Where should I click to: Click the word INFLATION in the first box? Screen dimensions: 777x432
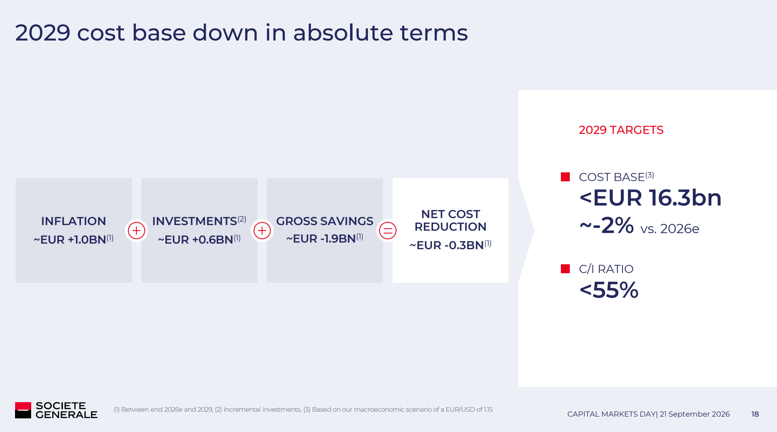pyautogui.click(x=73, y=221)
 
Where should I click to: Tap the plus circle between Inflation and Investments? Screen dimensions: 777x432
pyautogui.click(x=137, y=231)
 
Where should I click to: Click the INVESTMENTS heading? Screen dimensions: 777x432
pyautogui.click(x=195, y=221)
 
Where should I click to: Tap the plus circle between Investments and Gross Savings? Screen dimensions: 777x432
pyautogui.click(x=262, y=231)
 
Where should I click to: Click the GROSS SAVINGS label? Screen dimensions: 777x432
pyautogui.click(x=325, y=221)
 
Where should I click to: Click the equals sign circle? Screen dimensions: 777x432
pyautogui.click(x=388, y=231)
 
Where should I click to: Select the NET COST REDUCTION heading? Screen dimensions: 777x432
pyautogui.click(x=451, y=221)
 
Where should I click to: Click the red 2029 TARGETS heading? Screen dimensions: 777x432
pyautogui.click(x=621, y=130)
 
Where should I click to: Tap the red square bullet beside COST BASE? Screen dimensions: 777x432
pyautogui.click(x=565, y=177)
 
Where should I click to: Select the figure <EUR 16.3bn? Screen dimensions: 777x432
pyautogui.click(x=651, y=198)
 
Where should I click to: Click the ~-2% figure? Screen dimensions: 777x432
pyautogui.click(x=607, y=225)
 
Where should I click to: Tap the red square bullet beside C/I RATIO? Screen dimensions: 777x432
pyautogui.click(x=565, y=269)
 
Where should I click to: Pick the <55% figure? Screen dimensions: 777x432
pyautogui.click(x=609, y=290)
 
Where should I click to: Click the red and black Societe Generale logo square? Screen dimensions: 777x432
pyautogui.click(x=23, y=410)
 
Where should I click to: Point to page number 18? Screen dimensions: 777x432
pyautogui.click(x=755, y=414)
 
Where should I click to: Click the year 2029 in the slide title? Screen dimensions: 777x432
pyautogui.click(x=43, y=33)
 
